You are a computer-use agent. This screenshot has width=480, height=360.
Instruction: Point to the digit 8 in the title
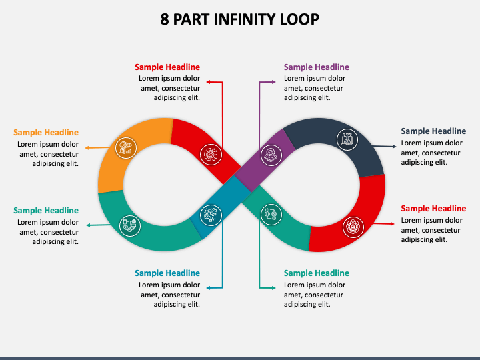click(165, 19)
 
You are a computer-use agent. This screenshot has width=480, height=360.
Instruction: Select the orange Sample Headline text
click(46, 133)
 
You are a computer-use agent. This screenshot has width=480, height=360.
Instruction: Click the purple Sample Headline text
click(316, 67)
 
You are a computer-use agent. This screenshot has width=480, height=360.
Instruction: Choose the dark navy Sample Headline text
click(433, 131)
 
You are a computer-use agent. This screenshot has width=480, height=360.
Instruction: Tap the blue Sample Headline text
click(167, 273)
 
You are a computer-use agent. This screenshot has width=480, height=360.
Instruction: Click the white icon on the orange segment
click(125, 147)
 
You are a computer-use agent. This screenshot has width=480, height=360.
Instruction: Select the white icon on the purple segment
click(272, 155)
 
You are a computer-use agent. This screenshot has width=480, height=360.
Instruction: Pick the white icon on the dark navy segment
click(347, 139)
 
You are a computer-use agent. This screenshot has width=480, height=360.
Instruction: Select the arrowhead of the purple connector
click(275, 82)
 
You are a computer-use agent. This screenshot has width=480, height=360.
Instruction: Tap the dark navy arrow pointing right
click(393, 145)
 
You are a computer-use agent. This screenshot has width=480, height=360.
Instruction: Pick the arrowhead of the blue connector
click(207, 287)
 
